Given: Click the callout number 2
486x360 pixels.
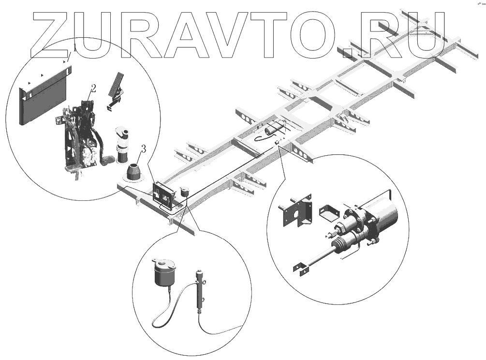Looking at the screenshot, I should (93, 88).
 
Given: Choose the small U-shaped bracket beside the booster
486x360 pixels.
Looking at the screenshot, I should (328, 213).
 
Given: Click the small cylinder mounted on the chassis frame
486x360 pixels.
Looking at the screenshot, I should (273, 130).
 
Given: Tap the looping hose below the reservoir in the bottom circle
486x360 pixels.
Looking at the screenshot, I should (169, 310).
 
